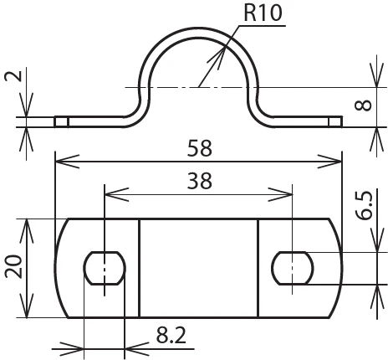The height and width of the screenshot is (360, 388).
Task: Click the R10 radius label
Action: pyautogui.click(x=263, y=13)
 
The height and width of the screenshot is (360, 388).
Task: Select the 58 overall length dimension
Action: pyautogui.click(x=199, y=148)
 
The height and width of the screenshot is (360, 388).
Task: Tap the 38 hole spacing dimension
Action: pyautogui.click(x=199, y=181)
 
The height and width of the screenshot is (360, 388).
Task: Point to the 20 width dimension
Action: pyautogui.click(x=13, y=266)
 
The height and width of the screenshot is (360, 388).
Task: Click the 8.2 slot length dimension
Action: pyautogui.click(x=171, y=335)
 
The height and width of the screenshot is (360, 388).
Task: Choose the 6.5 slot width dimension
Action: pyautogui.click(x=364, y=205)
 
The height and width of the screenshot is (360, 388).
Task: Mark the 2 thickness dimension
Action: pyautogui.click(x=13, y=76)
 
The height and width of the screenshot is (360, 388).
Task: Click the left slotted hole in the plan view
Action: pyautogui.click(x=105, y=268)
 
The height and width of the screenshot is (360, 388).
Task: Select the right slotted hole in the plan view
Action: pyautogui.click(x=293, y=268)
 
